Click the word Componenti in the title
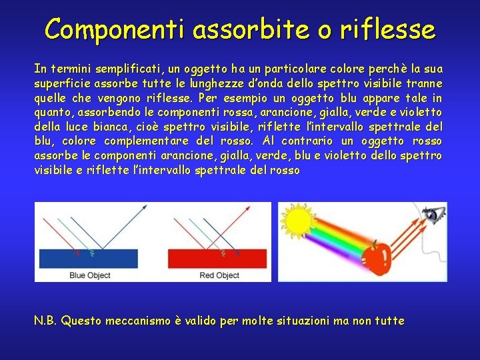coord(114,29)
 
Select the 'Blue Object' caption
coord(90,275)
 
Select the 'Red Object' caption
coord(219,275)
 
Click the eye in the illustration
coord(433,215)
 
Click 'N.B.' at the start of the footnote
coord(46,321)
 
